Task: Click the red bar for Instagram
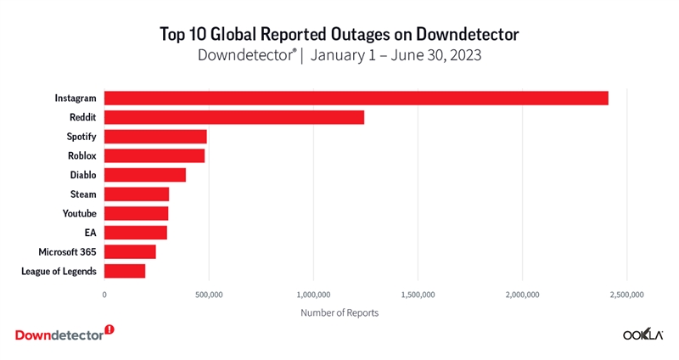point(356,98)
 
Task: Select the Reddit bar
point(234,117)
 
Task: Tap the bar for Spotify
point(155,137)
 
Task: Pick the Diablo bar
point(145,175)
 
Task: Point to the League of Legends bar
point(125,271)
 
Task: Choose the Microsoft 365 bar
point(130,251)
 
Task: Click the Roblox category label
point(82,155)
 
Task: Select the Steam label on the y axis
point(83,194)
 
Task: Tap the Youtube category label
point(80,213)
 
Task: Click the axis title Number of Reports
point(339,312)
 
